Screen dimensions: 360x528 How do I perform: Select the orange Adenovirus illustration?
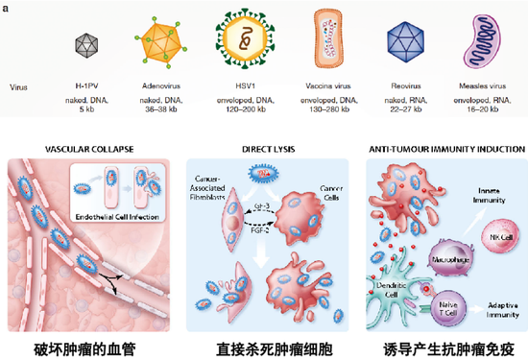(163, 41)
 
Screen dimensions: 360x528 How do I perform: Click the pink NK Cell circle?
(498, 235)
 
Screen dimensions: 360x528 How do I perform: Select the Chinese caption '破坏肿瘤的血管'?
(79, 348)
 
